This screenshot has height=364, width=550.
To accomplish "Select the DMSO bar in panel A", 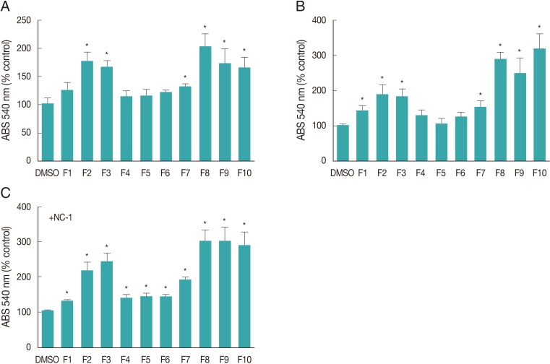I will pos(48,132).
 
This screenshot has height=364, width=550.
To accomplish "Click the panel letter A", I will pos(5,6).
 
